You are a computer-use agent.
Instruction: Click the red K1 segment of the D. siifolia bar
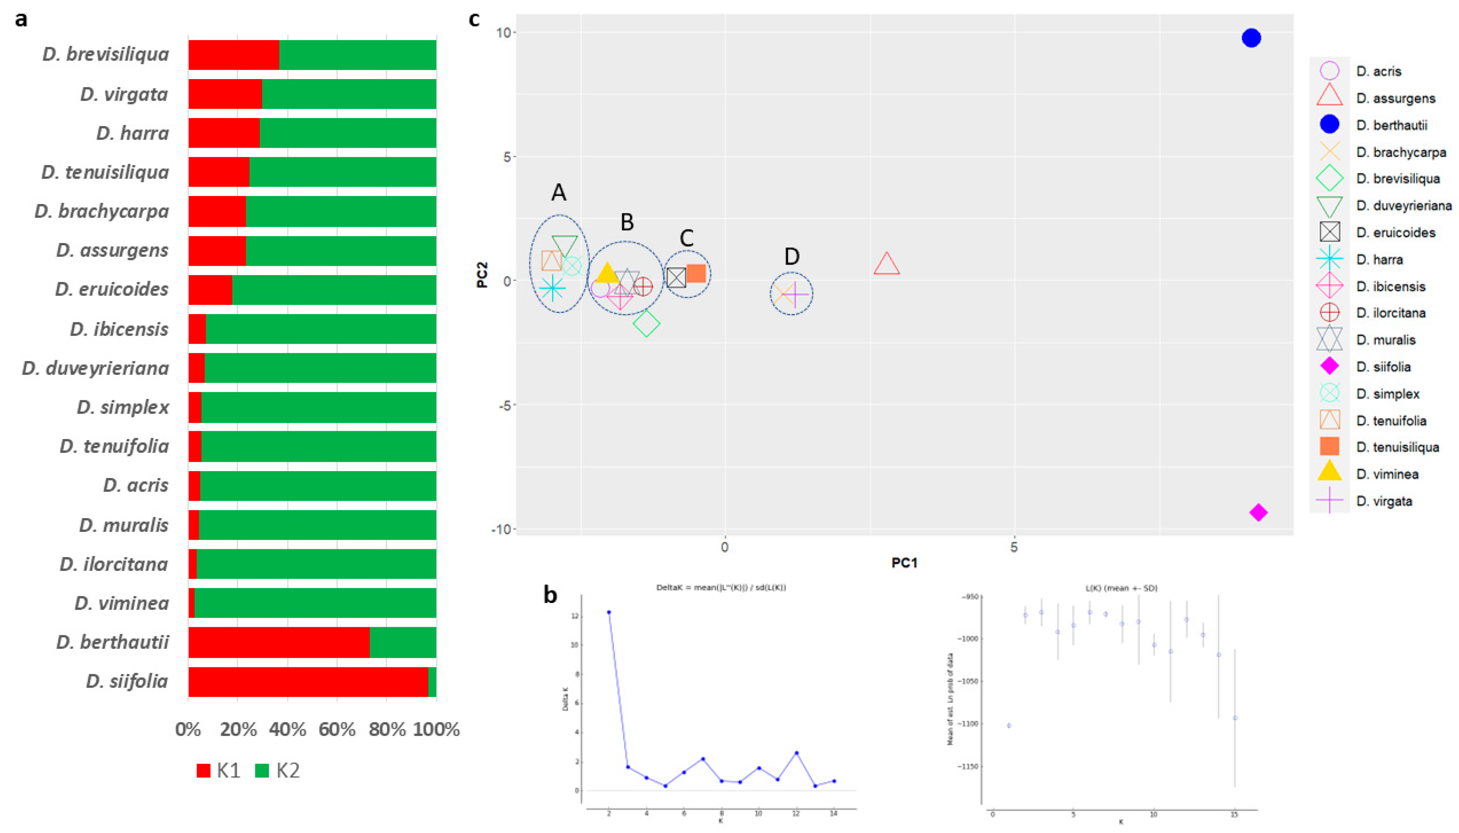[308, 681]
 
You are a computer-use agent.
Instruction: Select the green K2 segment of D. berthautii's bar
[403, 642]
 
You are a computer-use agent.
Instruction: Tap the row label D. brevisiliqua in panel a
[106, 55]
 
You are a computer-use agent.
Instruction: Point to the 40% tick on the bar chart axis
[287, 729]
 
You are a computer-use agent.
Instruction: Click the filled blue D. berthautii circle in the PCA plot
[1251, 38]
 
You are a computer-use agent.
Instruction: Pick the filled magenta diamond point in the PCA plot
[1258, 513]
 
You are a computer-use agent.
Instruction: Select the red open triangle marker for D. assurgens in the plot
[887, 264]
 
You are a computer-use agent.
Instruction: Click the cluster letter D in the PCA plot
[792, 256]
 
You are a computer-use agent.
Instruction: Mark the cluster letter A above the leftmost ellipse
[559, 193]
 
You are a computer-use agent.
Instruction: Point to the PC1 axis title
[904, 563]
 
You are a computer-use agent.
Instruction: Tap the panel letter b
[550, 595]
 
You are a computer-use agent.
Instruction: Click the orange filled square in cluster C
[696, 273]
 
